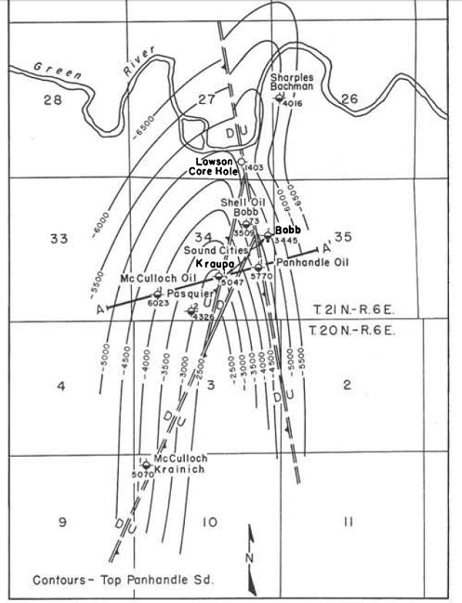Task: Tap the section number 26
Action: pyautogui.click(x=349, y=98)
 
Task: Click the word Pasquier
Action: pyautogui.click(x=189, y=293)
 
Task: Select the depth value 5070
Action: pyautogui.click(x=143, y=474)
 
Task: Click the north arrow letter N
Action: pyautogui.click(x=248, y=557)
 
